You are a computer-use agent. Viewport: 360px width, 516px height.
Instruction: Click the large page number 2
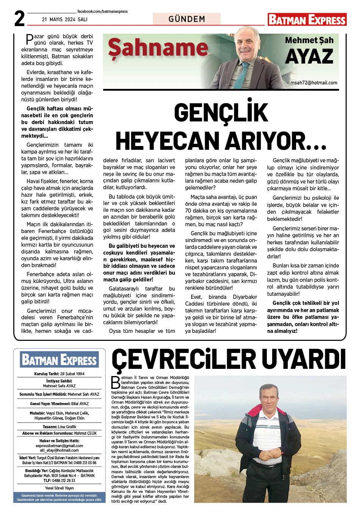19,19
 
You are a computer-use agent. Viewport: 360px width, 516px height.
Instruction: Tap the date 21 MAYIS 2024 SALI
65,19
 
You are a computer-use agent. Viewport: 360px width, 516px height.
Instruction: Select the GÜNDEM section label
187,19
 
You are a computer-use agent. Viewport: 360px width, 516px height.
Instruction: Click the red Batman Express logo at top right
307,20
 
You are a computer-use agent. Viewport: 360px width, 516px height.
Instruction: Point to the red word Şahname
158,48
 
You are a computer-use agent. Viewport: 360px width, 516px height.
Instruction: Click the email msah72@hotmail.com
313,83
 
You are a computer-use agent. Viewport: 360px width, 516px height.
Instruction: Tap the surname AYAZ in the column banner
309,57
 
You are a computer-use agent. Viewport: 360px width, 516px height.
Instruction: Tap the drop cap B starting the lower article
116,382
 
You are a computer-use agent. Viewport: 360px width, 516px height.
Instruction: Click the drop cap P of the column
29,39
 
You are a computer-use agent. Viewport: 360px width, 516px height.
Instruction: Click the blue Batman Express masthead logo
59,360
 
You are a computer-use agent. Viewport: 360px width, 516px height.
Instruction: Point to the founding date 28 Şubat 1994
72,374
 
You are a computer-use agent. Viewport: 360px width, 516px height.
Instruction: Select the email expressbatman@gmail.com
59,446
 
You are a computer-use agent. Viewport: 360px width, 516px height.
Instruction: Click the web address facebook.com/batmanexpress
102,12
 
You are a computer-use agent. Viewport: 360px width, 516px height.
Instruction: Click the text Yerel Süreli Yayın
59,488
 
